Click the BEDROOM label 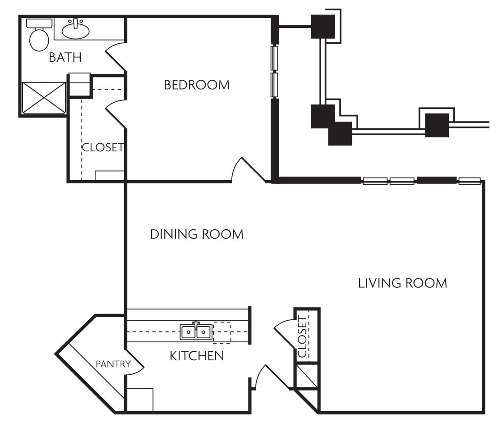[x=197, y=85]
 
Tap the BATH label [x=65, y=58]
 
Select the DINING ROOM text [x=197, y=234]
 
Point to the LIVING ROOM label [x=402, y=283]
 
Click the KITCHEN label [x=197, y=356]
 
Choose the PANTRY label [x=113, y=364]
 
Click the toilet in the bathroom [x=39, y=36]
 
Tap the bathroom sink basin [x=75, y=30]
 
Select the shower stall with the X [x=44, y=98]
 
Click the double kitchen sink [x=196, y=332]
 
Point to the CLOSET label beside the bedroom [x=103, y=147]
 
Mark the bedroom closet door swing [x=115, y=113]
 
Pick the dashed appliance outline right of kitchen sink [x=222, y=332]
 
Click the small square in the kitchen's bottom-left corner [x=140, y=400]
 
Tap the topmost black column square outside [x=323, y=27]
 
